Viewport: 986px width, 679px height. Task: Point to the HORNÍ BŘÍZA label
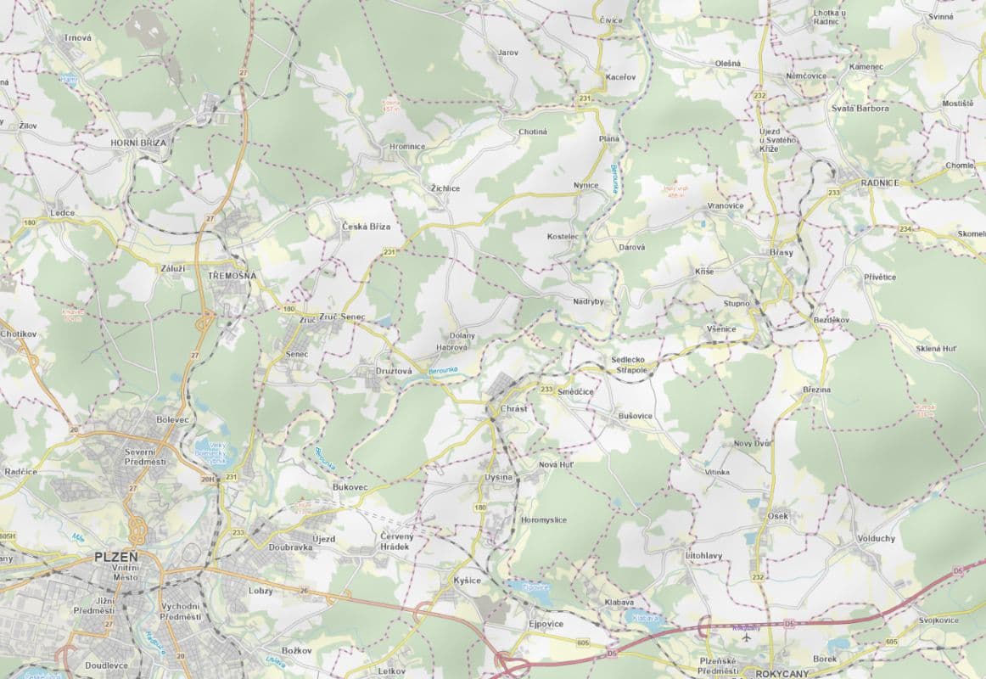point(138,143)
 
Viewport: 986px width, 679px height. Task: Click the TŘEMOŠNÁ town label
point(232,276)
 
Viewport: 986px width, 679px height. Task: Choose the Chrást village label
point(513,408)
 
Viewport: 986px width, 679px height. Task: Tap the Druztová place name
point(394,371)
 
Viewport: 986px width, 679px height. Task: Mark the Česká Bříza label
point(366,227)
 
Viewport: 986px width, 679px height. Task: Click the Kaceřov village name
point(619,77)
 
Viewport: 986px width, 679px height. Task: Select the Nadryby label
point(588,301)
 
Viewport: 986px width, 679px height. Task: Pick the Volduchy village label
point(876,538)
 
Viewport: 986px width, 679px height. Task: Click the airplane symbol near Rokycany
point(747,637)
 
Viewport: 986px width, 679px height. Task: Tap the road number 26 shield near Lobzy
point(304,590)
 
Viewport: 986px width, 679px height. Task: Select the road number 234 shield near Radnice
point(905,230)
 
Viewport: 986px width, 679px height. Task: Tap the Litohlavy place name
point(703,555)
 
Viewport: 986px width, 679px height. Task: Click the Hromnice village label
point(407,146)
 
